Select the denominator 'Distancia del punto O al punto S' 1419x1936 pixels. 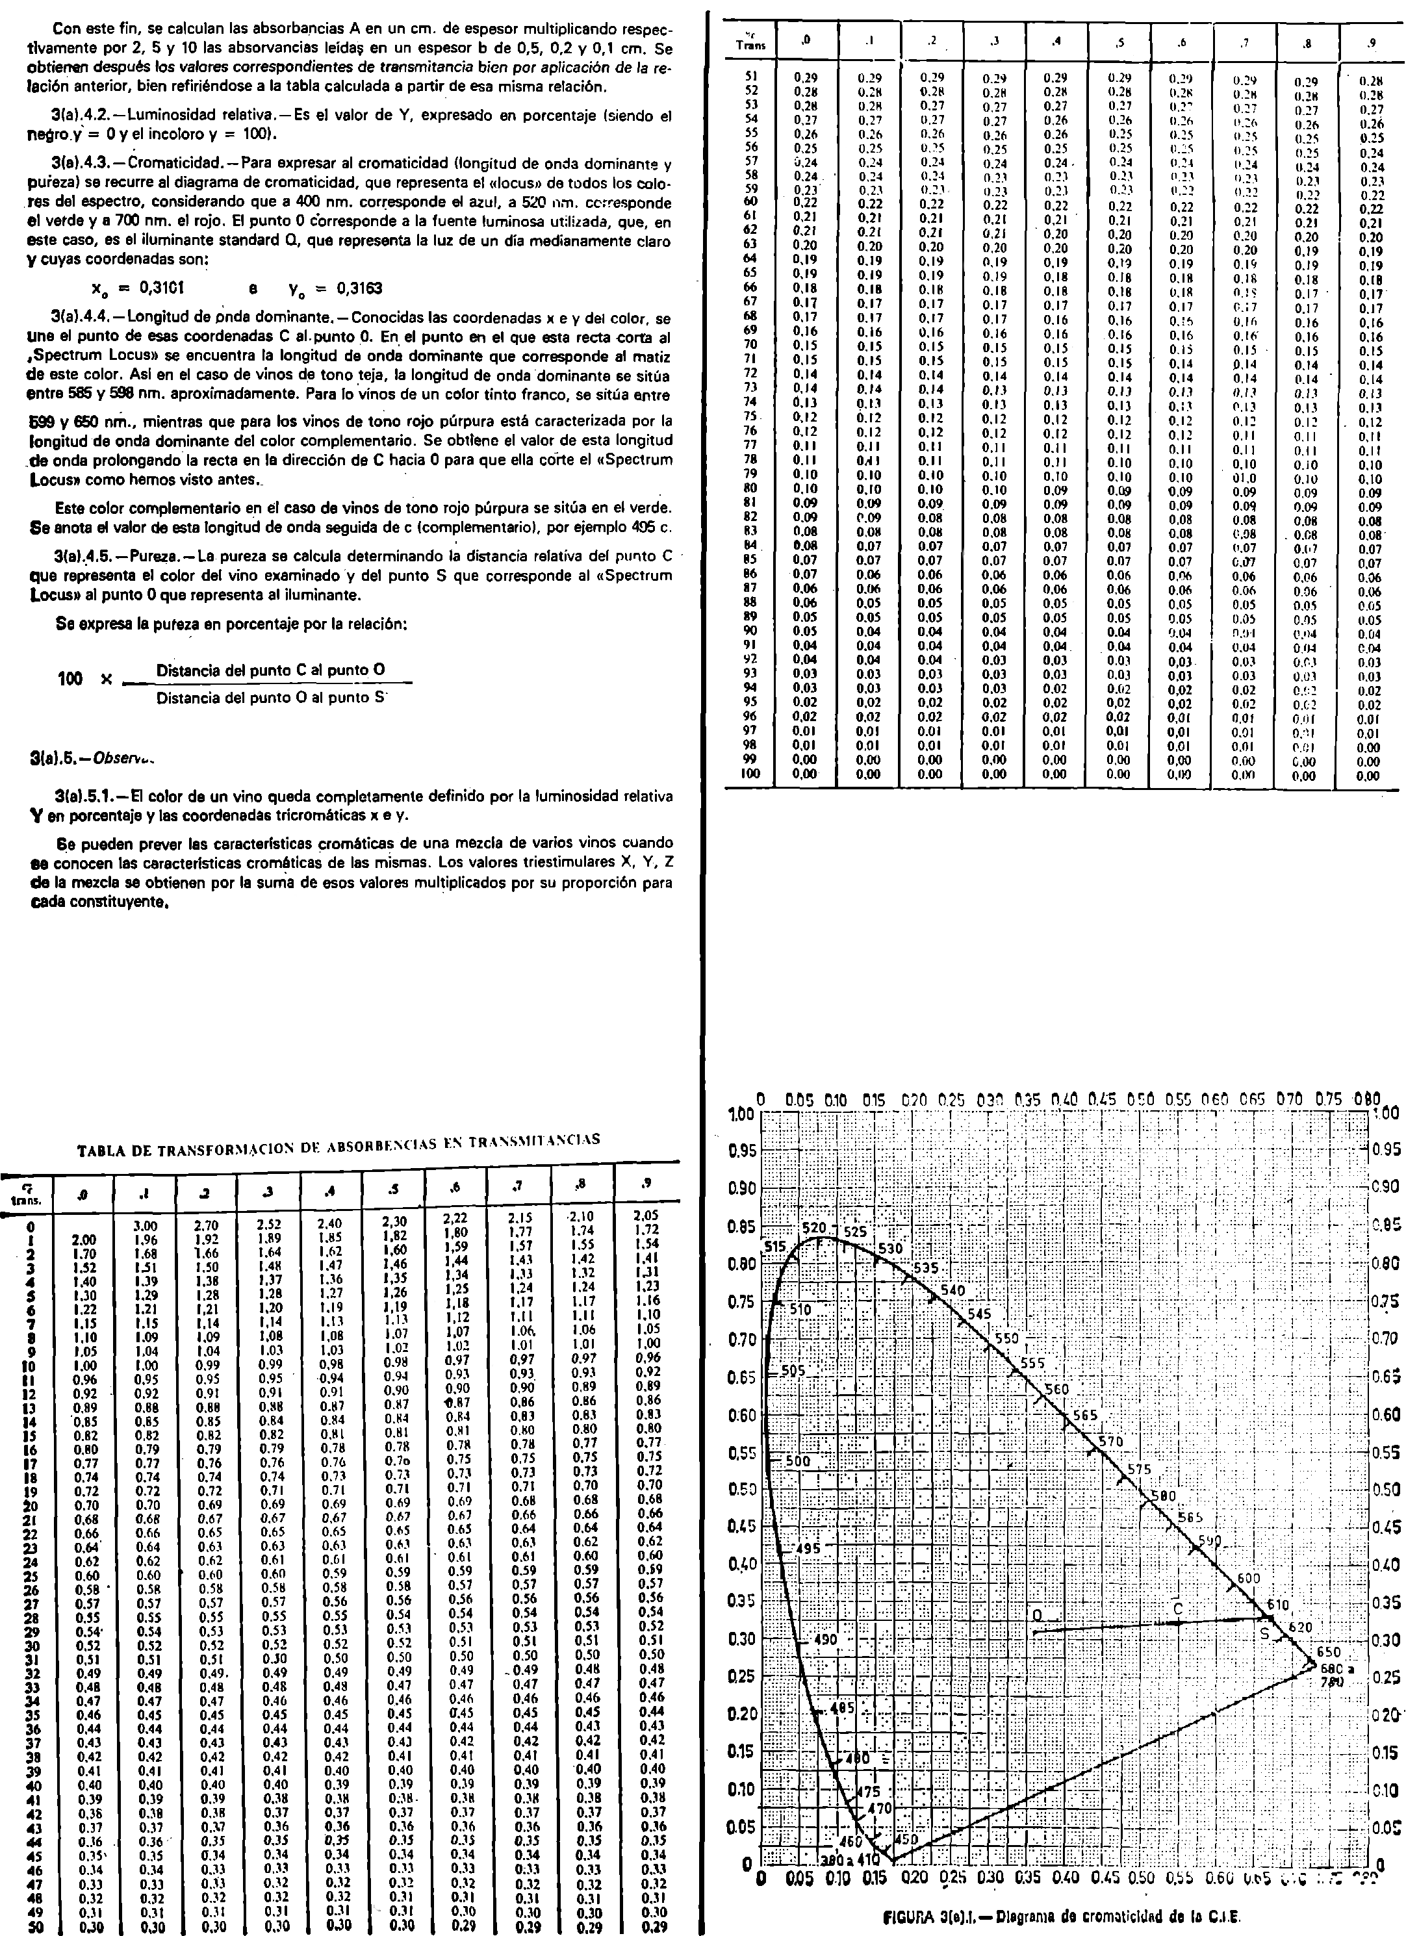(269, 698)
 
